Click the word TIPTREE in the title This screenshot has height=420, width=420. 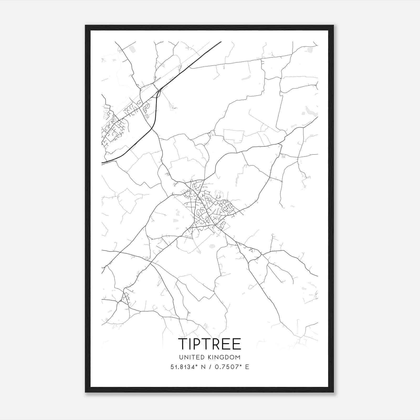[209, 344]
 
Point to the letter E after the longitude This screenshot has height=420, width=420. [247, 367]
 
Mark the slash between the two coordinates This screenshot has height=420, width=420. [211, 367]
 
